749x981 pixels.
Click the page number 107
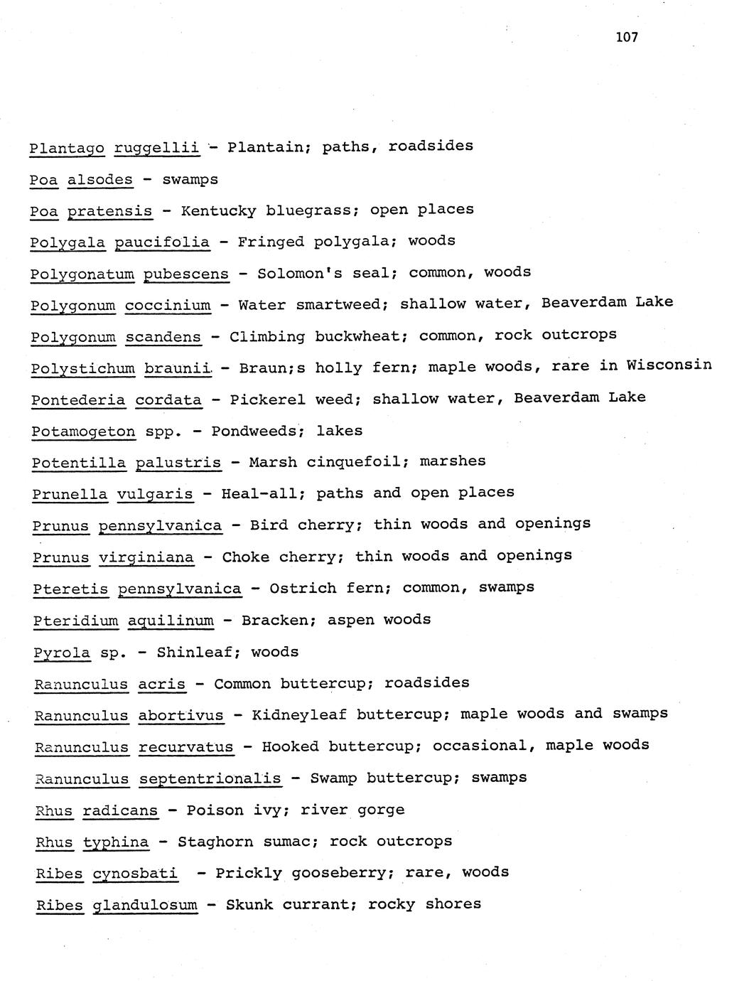coord(627,37)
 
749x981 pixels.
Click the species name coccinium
coord(168,306)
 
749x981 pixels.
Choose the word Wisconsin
coord(669,365)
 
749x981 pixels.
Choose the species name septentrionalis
coord(210,779)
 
